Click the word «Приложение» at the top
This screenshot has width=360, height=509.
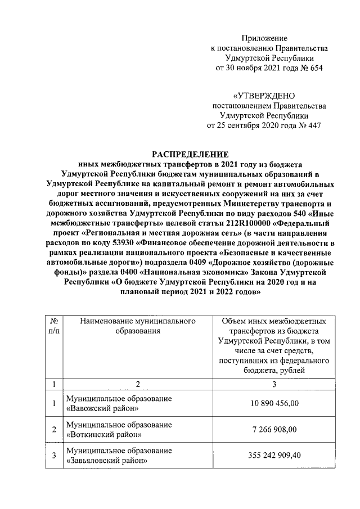[x=264, y=38]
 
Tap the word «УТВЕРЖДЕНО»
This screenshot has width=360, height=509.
[x=264, y=96]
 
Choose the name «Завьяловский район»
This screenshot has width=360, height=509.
[x=107, y=461]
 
